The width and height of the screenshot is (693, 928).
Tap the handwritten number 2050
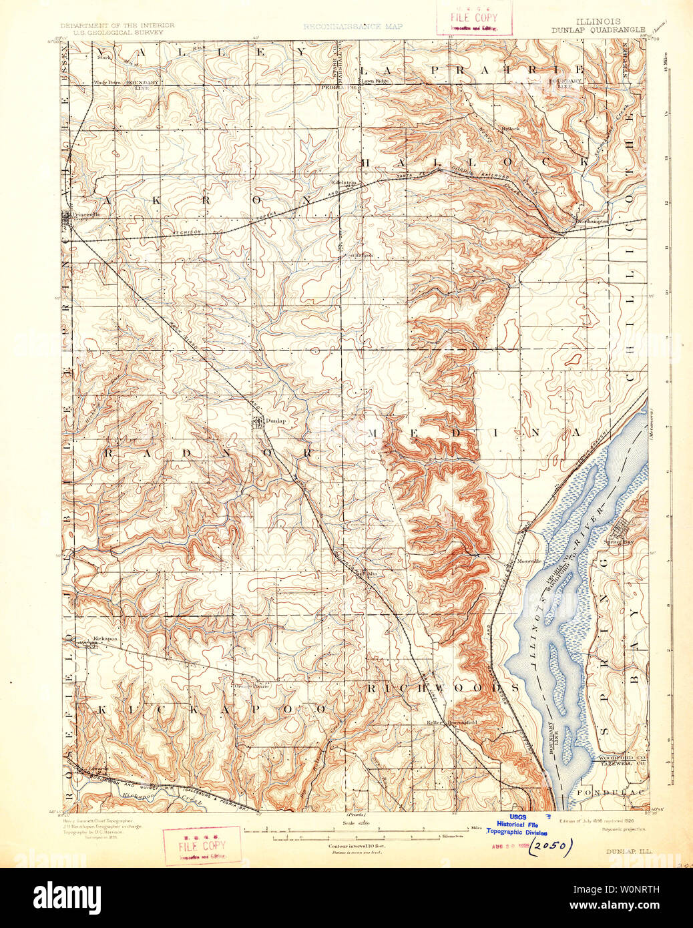[551, 847]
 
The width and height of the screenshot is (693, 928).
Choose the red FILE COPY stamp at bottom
[202, 846]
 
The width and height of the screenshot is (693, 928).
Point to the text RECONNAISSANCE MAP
[353, 27]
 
